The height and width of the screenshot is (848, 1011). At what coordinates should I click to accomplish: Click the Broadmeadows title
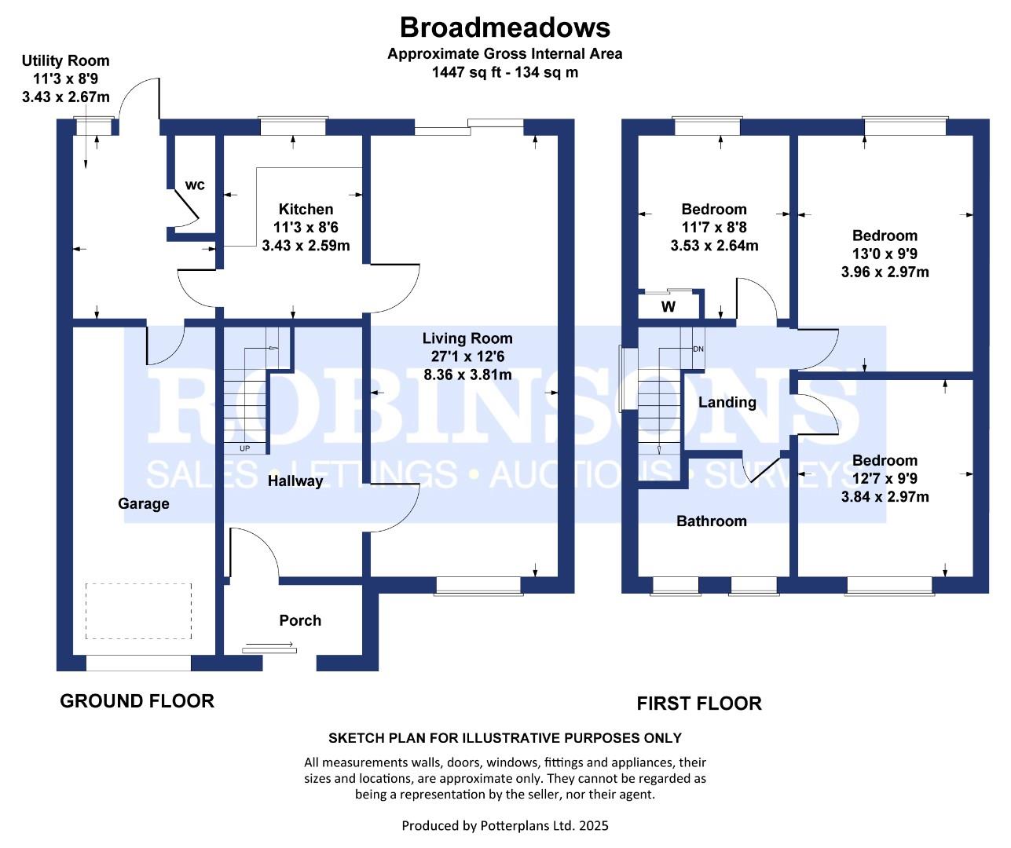504,27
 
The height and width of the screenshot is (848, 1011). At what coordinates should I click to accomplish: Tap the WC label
195,185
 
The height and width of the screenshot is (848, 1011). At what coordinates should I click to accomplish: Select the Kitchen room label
306,209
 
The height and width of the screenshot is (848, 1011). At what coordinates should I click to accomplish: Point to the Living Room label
467,338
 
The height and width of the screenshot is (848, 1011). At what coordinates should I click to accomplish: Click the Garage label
143,504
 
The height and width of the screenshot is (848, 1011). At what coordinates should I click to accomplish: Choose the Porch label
300,620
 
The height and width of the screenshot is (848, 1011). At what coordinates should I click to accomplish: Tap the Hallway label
295,481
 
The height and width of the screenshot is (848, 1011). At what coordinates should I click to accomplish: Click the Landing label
727,403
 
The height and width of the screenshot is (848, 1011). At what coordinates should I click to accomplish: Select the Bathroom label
711,521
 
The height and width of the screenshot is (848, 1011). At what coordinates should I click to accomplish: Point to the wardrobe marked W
669,307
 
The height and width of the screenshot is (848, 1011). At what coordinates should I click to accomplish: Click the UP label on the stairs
244,448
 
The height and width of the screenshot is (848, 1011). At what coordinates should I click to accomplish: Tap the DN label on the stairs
698,349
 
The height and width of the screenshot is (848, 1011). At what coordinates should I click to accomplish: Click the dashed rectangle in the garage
138,612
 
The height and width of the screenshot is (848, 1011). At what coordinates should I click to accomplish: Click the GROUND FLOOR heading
137,701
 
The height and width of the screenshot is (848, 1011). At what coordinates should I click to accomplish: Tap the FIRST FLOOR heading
698,704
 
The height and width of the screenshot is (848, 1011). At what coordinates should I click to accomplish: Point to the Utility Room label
65,61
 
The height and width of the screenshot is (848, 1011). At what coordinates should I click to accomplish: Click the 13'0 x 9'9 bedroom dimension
885,254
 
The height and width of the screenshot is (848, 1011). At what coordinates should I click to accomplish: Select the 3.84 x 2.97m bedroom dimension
885,496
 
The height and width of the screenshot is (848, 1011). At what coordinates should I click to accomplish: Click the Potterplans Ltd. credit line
505,826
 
